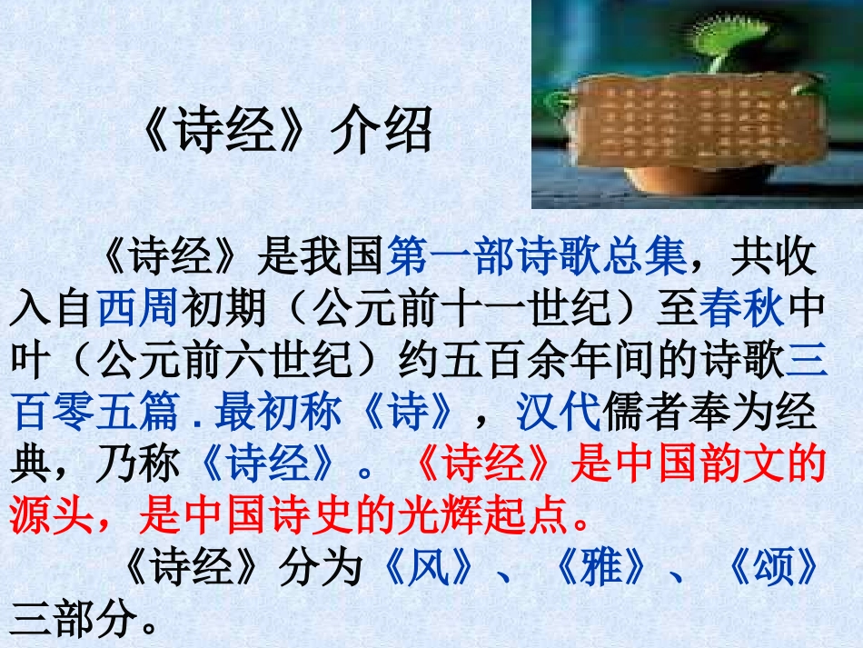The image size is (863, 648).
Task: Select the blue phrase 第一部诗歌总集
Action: [536, 259]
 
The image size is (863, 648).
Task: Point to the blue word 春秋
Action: [741, 311]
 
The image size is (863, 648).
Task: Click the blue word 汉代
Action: [558, 414]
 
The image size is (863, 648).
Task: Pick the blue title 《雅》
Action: [600, 570]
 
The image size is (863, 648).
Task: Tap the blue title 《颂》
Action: [771, 570]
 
